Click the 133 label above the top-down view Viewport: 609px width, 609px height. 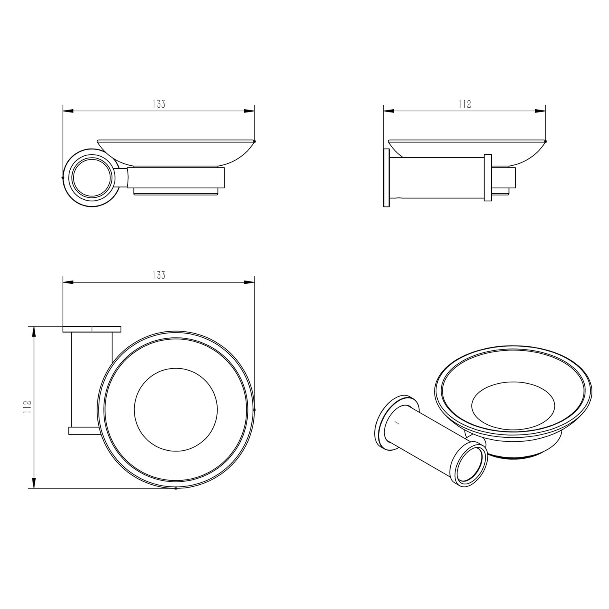(159, 275)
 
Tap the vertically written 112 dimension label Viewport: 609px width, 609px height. (28, 407)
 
